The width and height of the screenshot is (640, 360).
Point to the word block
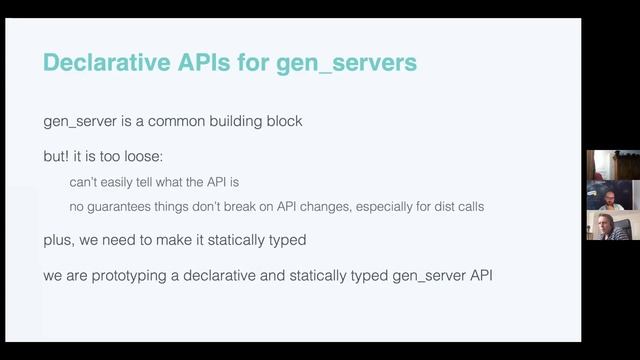tap(281, 121)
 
